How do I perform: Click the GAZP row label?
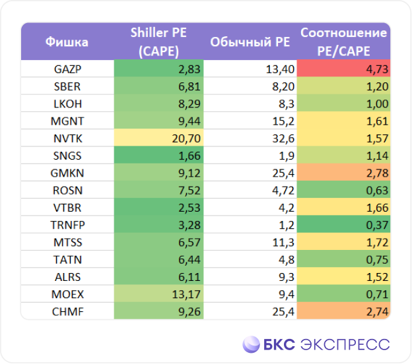pos(67,69)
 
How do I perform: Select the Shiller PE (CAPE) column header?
pos(158,42)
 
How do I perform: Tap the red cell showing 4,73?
pos(343,68)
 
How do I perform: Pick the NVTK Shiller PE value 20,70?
pos(186,138)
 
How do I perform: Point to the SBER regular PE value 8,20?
pos(283,86)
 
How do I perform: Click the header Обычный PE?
pos(250,42)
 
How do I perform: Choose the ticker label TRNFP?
pos(67,225)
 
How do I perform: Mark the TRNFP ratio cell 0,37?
pos(343,224)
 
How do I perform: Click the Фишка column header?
pos(67,42)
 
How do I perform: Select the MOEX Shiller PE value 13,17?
pos(186,295)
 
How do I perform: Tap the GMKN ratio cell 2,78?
pos(343,172)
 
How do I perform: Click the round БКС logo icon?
pos(251,344)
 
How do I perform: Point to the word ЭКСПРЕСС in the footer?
pos(345,345)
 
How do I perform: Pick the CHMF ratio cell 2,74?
pos(343,311)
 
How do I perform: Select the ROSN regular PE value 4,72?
pos(283,191)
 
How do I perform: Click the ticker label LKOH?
pos(67,104)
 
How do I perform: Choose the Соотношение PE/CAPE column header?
pos(344,42)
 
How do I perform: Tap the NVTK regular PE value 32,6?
pos(283,138)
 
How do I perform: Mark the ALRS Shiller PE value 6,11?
pos(189,277)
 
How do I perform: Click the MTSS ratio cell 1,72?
pos(343,242)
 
